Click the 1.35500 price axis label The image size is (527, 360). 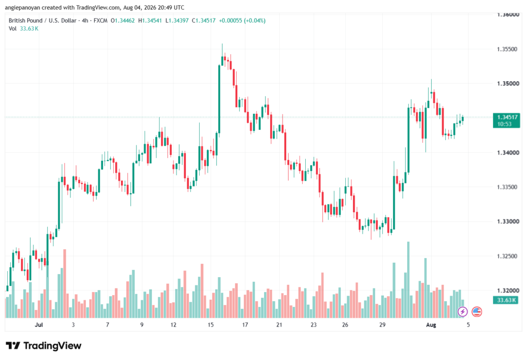[x=507, y=49]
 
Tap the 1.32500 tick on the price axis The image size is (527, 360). [x=507, y=256]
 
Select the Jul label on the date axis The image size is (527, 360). [x=39, y=324]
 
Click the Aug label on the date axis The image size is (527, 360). [x=431, y=324]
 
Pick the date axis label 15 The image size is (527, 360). [x=210, y=324]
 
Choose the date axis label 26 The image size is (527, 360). [x=345, y=324]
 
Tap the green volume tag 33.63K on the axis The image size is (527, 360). [x=506, y=300]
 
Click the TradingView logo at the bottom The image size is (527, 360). [x=44, y=346]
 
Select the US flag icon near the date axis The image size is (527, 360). [x=477, y=312]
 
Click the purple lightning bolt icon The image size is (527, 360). [x=463, y=312]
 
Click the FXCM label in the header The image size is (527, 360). [x=100, y=21]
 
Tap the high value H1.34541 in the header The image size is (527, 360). [x=150, y=21]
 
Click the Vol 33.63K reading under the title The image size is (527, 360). [x=24, y=29]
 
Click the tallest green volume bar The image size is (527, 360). [x=408, y=280]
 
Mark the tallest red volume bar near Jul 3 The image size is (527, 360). [x=64, y=284]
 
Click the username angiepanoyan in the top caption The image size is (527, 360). [x=23, y=7]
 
